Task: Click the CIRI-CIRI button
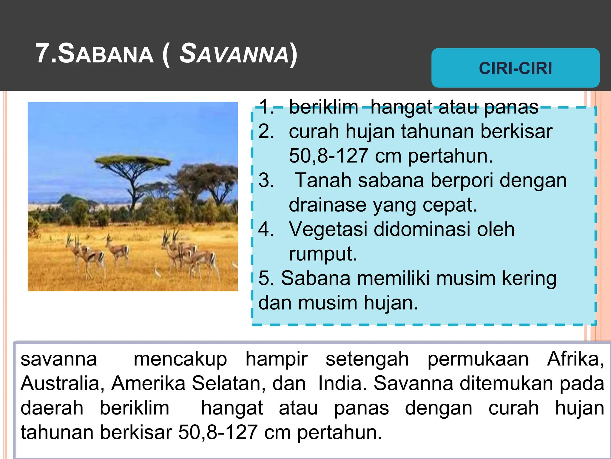point(515,68)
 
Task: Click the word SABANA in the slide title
point(106,54)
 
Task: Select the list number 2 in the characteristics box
point(266,131)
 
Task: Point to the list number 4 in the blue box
point(266,229)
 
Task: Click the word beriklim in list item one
point(323,107)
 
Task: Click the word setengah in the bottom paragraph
point(367,359)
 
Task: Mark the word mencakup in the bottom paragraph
point(180,359)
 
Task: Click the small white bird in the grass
point(157,272)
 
